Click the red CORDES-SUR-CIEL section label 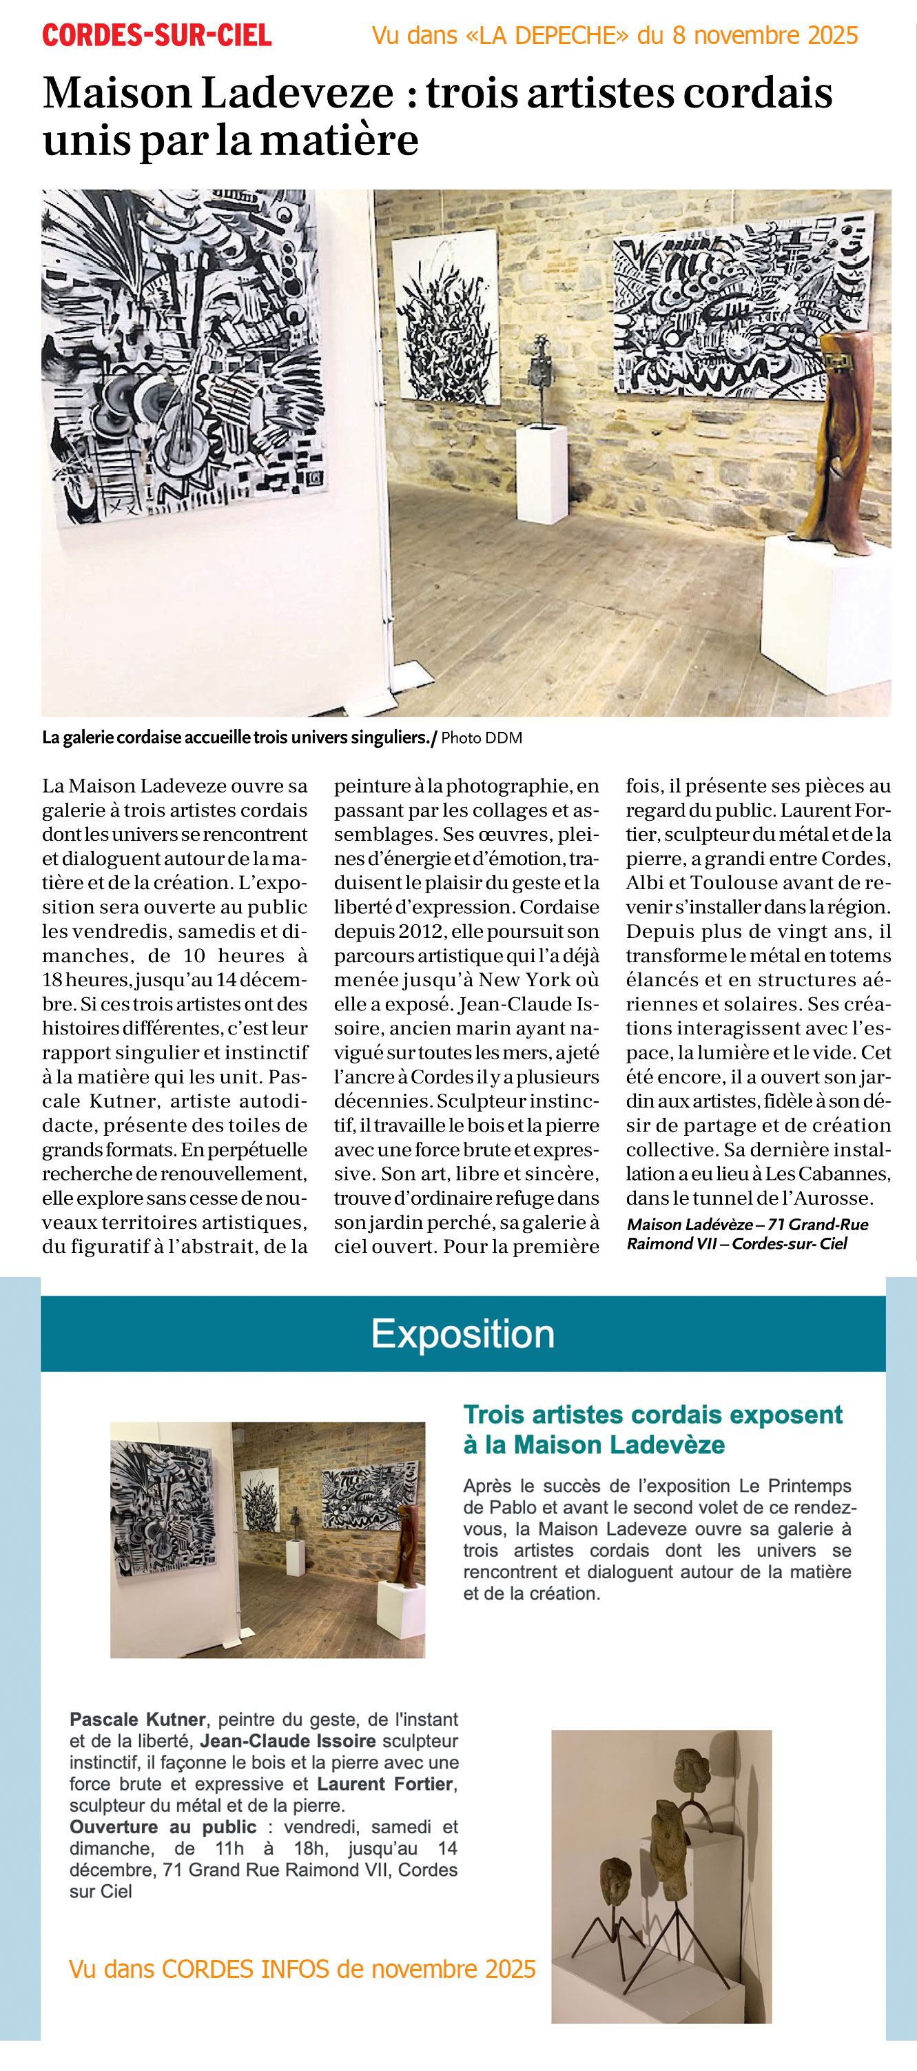pyautogui.click(x=156, y=35)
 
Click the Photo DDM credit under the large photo pyautogui.click(x=482, y=737)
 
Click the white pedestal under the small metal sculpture pyautogui.click(x=541, y=474)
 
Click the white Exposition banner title pyautogui.click(x=462, y=1334)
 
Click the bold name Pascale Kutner pyautogui.click(x=137, y=1720)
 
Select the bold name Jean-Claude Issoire pyautogui.click(x=288, y=1741)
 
